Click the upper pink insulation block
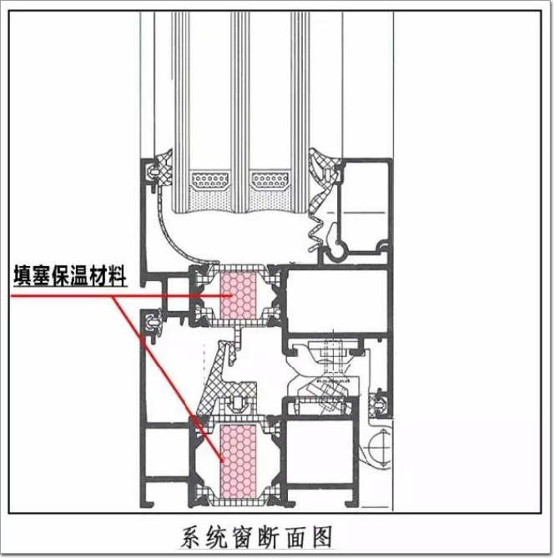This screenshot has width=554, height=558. [239, 295]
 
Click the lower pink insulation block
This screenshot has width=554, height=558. [239, 461]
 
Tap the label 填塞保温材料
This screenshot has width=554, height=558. [70, 276]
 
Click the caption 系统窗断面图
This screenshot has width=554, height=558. [258, 537]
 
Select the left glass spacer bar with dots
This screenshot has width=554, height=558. [209, 179]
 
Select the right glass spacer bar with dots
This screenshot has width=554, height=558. [269, 179]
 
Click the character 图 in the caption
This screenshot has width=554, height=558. [322, 537]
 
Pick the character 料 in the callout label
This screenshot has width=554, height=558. [118, 276]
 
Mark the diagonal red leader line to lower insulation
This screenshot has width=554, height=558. [168, 379]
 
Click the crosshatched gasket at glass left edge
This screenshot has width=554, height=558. [164, 168]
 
